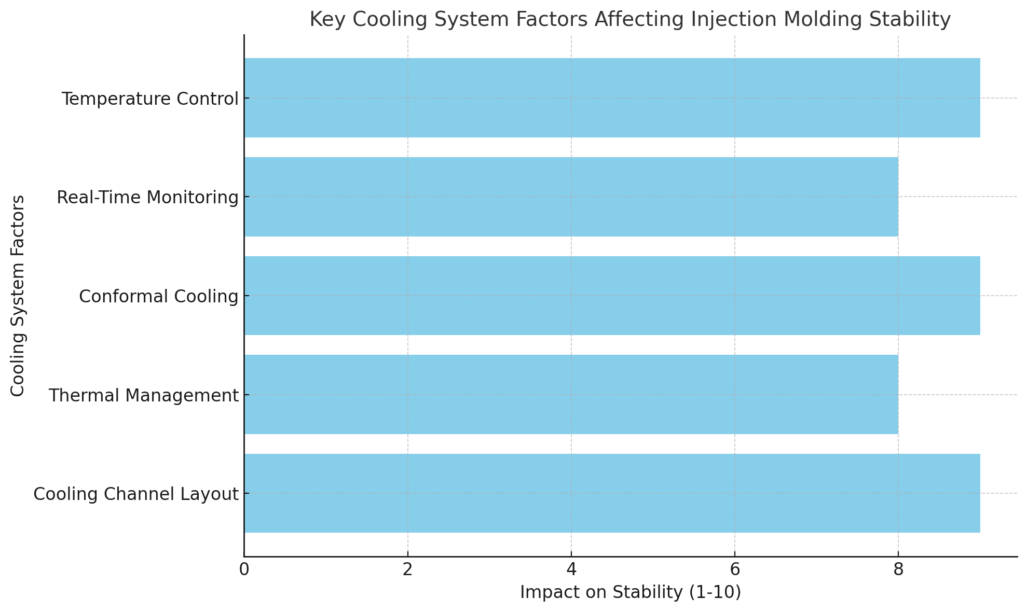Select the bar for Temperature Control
[x=612, y=98]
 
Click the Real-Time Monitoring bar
[x=571, y=197]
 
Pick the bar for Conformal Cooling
[x=612, y=296]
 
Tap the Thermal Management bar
[x=571, y=395]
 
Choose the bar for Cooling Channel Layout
[x=612, y=493]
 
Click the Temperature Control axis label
[x=150, y=99]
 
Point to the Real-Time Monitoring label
[x=147, y=198]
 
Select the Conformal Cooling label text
[x=158, y=297]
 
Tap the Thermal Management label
[x=143, y=396]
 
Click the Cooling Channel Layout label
[x=136, y=494]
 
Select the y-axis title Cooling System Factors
[x=18, y=296]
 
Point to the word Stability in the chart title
[x=914, y=20]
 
